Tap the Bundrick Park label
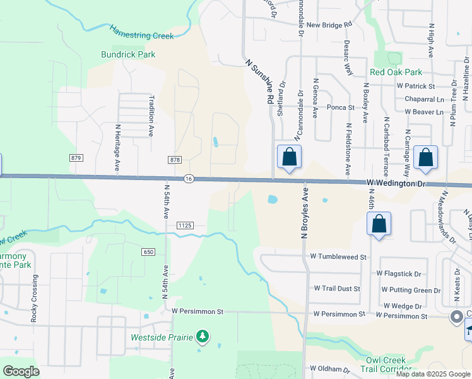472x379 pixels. [128, 54]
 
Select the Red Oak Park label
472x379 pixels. [396, 73]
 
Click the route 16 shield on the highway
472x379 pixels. [189, 179]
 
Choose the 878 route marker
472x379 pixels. [175, 160]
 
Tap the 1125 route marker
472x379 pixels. [184, 225]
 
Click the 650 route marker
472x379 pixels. [148, 252]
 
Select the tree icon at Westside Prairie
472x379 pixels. [203, 337]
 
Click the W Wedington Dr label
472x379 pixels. [397, 183]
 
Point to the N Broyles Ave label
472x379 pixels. [305, 213]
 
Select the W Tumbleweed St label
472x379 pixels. [338, 257]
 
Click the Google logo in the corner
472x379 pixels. [21, 371]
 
